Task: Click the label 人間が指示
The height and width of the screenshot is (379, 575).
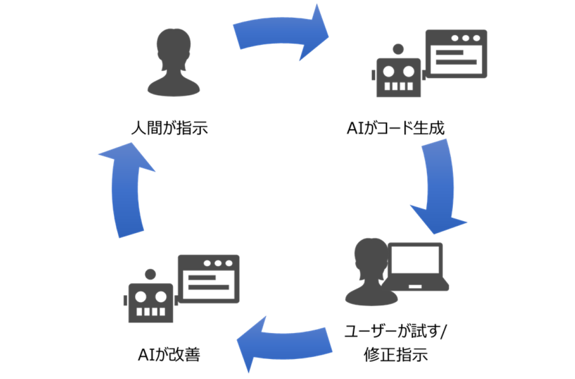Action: pyautogui.click(x=170, y=129)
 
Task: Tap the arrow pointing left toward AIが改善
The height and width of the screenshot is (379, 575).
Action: pyautogui.click(x=283, y=343)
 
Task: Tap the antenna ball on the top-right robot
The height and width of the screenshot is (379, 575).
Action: pyautogui.click(x=398, y=49)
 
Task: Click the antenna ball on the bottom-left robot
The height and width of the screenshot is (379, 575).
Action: pyautogui.click(x=150, y=274)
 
